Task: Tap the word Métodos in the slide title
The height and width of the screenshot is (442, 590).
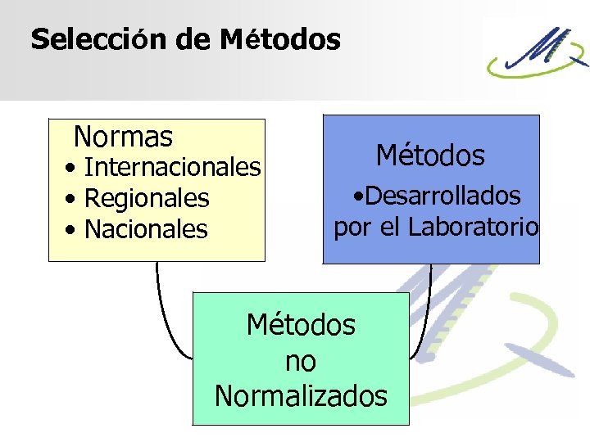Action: tap(280, 39)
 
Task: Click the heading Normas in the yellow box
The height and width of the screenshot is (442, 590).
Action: tap(123, 135)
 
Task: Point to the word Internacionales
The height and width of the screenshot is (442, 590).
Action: tap(172, 168)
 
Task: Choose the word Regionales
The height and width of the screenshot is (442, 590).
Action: tap(147, 198)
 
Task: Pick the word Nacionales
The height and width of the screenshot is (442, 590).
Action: tap(146, 229)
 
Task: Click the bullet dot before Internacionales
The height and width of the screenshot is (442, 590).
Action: tap(74, 169)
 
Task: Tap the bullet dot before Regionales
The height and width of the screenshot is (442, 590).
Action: tap(74, 199)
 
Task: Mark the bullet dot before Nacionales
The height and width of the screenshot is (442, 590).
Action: tap(74, 230)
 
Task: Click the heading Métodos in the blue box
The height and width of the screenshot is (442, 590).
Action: tap(430, 155)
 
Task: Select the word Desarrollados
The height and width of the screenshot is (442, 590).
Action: tap(442, 196)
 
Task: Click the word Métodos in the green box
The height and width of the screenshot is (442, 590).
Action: tap(301, 325)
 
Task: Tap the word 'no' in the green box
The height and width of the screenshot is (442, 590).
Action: tap(301, 360)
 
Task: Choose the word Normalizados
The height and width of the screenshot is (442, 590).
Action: tap(301, 396)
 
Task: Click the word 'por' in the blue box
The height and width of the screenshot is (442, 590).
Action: tap(352, 227)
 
